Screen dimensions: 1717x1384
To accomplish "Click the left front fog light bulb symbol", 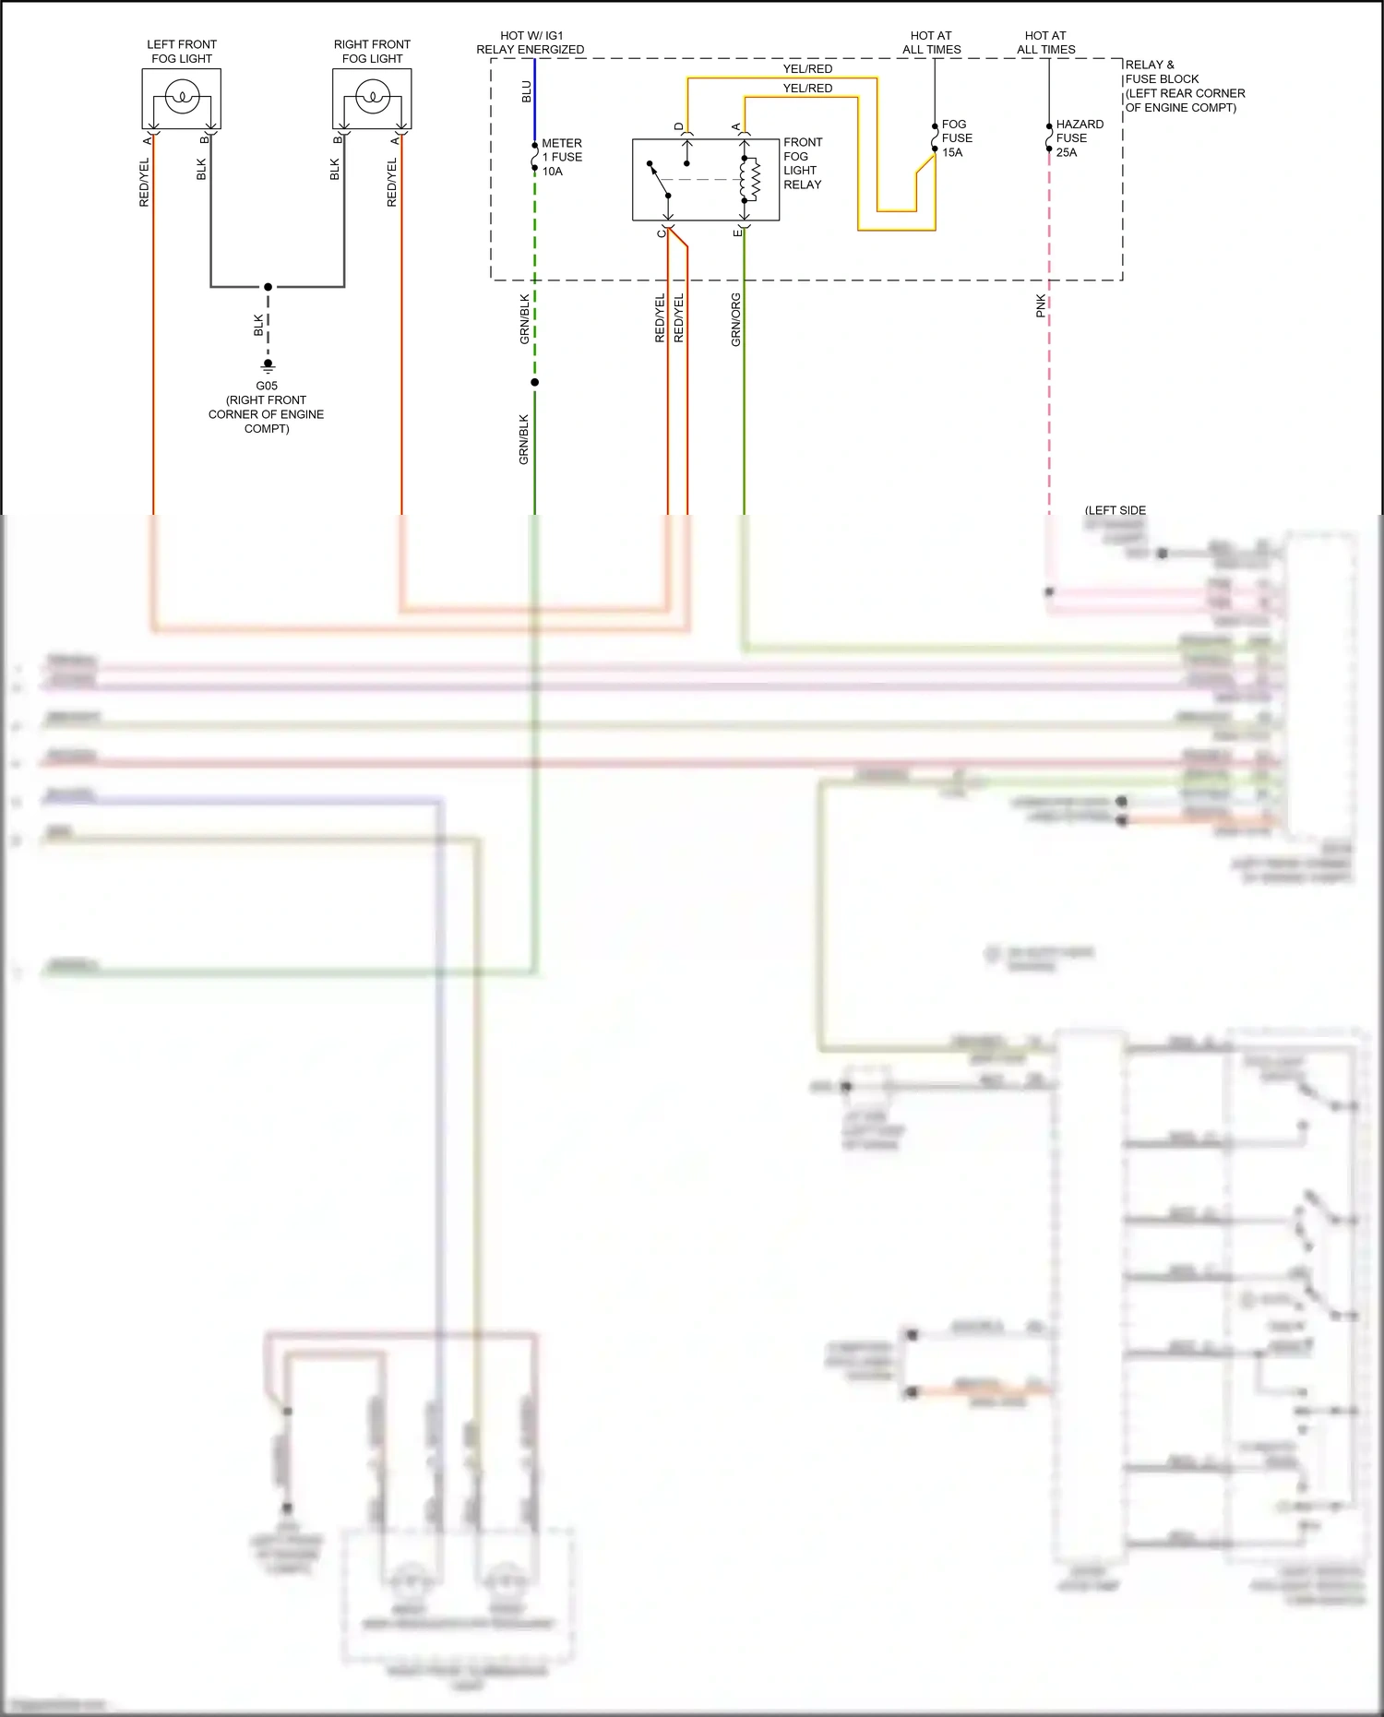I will pyautogui.click(x=183, y=96).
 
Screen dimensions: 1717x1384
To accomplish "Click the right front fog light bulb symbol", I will pyautogui.click(x=373, y=96).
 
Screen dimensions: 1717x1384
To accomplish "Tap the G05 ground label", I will pyautogui.click(x=267, y=386).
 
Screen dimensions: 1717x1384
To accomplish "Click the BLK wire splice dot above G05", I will pyautogui.click(x=268, y=287).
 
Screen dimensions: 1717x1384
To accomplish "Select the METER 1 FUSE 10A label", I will pyautogui.click(x=562, y=157).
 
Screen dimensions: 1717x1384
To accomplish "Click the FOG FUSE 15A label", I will pyautogui.click(x=957, y=138).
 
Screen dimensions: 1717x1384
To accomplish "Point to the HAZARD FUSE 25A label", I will pyautogui.click(x=1080, y=138).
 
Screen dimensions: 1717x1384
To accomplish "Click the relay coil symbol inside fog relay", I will pyautogui.click(x=751, y=179).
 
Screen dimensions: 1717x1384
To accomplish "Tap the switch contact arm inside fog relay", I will pyautogui.click(x=660, y=180).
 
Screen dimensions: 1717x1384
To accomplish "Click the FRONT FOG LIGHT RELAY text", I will pyautogui.click(x=803, y=163).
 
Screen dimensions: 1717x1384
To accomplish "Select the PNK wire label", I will pyautogui.click(x=1041, y=306).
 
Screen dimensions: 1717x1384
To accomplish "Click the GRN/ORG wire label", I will pyautogui.click(x=735, y=320).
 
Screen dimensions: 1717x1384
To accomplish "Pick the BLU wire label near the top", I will pyautogui.click(x=526, y=91).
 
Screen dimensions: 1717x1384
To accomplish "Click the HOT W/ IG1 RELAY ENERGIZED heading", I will pyautogui.click(x=531, y=42).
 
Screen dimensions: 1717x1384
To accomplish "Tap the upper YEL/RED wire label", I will pyautogui.click(x=807, y=69).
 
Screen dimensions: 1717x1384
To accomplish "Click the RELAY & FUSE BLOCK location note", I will pyautogui.click(x=1185, y=86).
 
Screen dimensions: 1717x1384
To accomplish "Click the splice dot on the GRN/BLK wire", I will pyautogui.click(x=534, y=382).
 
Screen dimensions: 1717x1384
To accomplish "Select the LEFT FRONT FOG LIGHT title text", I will pyautogui.click(x=182, y=52).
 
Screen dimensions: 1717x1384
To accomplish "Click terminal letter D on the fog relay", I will pyautogui.click(x=678, y=126).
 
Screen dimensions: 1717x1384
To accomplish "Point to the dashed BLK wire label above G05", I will pyautogui.click(x=258, y=325).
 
